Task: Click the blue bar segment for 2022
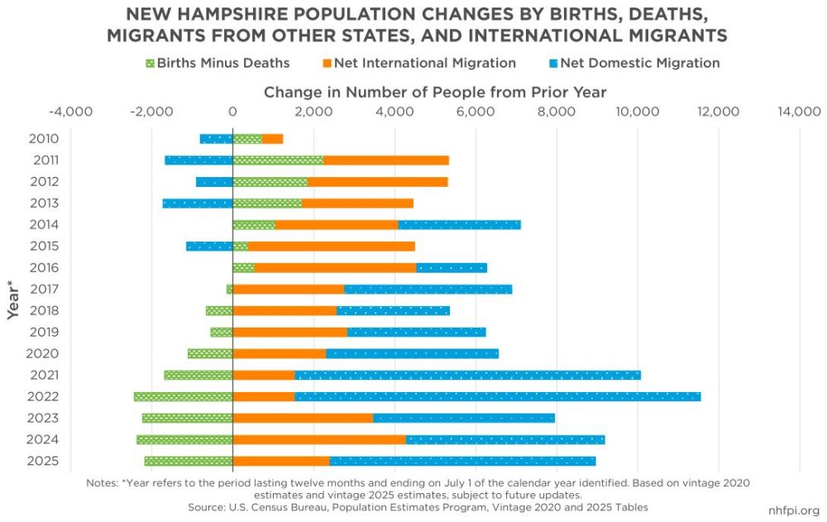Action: point(497,396)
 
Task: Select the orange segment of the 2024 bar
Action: point(319,439)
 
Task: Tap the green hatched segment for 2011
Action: point(278,160)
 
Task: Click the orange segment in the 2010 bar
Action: point(273,139)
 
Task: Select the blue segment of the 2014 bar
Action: point(459,224)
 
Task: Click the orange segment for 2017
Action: point(289,289)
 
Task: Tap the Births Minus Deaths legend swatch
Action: point(149,63)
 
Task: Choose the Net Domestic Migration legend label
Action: point(639,63)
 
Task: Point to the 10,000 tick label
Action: point(636,112)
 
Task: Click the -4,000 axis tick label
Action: point(70,112)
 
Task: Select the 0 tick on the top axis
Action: point(232,112)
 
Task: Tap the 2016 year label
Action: point(43,267)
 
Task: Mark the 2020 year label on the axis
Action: point(43,353)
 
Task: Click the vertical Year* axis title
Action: point(13,299)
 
